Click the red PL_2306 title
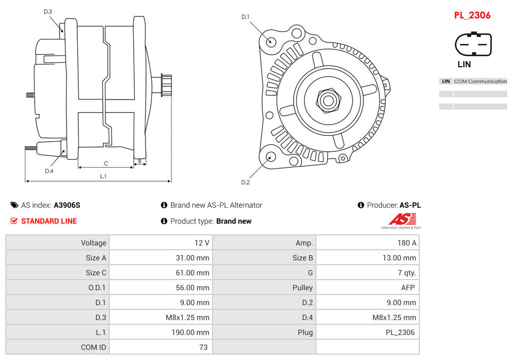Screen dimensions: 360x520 point(472,15)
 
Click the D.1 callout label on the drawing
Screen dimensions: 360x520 point(245,17)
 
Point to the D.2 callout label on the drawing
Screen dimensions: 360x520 point(245,183)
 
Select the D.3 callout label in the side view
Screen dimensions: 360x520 point(47,11)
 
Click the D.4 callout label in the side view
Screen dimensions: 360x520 point(49,171)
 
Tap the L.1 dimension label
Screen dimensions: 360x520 point(103,176)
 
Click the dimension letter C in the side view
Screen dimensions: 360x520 point(105,163)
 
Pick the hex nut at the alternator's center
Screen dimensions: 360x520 point(328,100)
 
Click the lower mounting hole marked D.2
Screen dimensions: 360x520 point(271,157)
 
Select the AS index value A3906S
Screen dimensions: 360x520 point(67,205)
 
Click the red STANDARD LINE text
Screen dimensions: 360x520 point(48,221)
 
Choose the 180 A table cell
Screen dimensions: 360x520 point(368,243)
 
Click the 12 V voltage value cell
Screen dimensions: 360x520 point(161,243)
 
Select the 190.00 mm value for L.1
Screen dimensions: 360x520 point(161,332)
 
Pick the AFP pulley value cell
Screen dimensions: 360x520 point(368,288)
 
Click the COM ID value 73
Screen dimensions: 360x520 point(161,347)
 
